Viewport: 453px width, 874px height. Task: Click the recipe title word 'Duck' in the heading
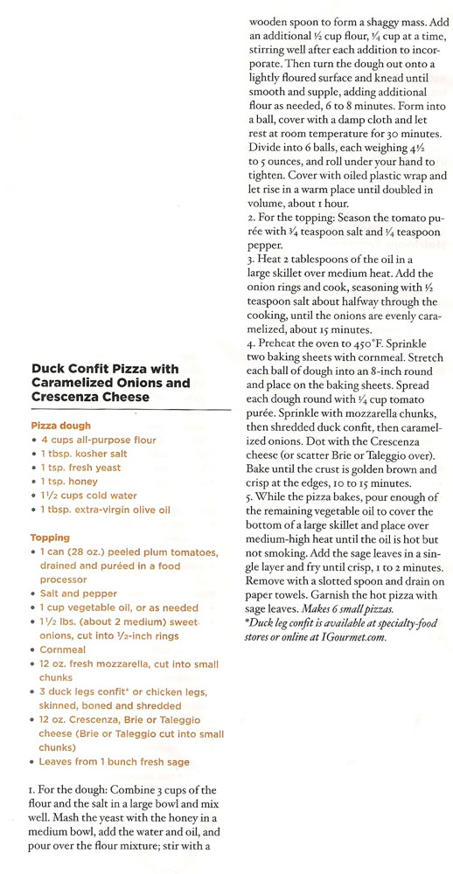pyautogui.click(x=49, y=369)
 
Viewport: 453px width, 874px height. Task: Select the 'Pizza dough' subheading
pyautogui.click(x=63, y=425)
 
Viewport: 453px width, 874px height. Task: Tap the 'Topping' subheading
pyautogui.click(x=49, y=537)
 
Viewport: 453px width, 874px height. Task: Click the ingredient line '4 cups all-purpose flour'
pyautogui.click(x=98, y=440)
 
